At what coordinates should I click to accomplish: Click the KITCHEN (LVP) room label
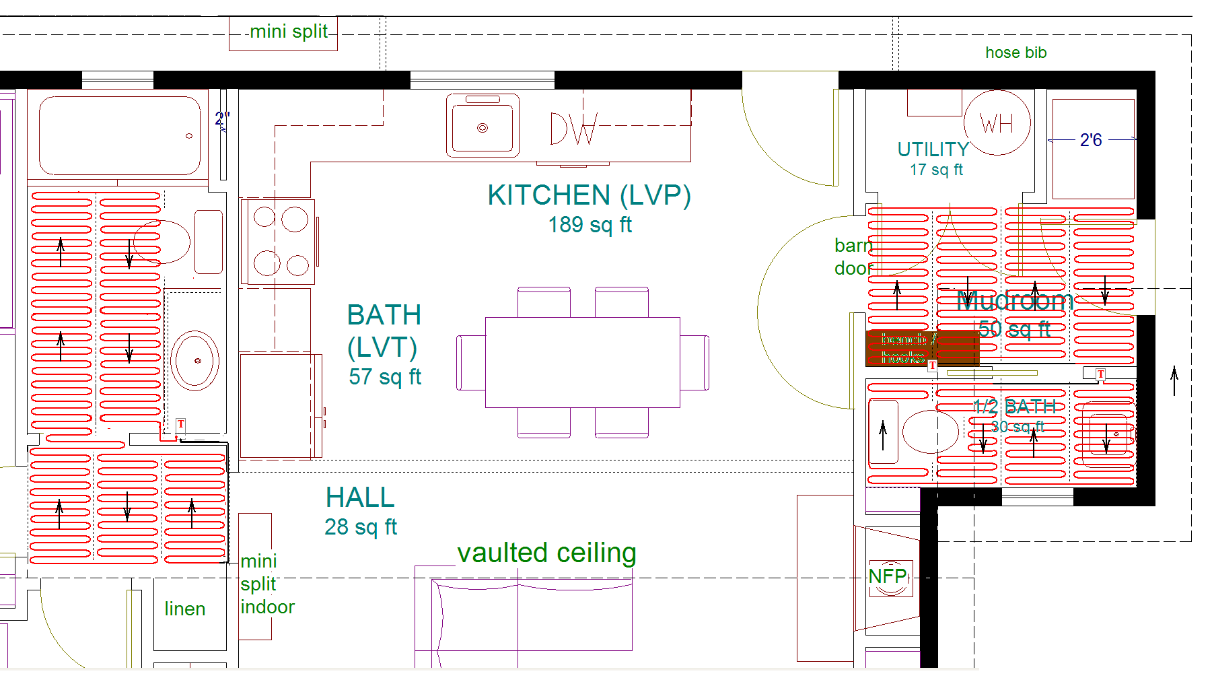pos(589,195)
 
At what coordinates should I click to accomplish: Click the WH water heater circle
pos(997,123)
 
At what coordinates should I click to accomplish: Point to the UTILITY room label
pos(933,149)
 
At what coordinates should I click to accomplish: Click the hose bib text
pos(1015,53)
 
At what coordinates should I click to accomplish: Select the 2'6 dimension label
pos(1090,140)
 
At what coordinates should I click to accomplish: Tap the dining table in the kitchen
pos(582,362)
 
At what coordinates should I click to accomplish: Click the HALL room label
pos(360,498)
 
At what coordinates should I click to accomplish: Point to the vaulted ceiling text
pos(546,553)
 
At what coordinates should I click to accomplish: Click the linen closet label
pos(185,609)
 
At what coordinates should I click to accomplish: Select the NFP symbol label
pos(888,576)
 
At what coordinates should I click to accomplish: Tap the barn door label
pos(853,256)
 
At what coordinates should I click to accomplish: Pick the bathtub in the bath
pos(120,135)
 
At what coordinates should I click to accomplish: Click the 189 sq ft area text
pos(590,225)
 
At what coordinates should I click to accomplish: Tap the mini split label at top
pos(289,32)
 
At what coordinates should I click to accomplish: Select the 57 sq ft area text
pos(385,377)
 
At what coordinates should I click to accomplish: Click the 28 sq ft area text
pos(361,526)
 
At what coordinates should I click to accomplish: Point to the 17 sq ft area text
pos(936,170)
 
